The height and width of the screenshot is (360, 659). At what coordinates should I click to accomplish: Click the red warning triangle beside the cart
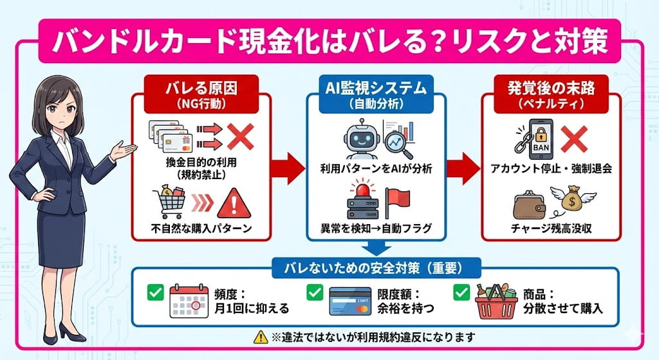232,203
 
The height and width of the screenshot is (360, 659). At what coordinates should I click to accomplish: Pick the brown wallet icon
530,205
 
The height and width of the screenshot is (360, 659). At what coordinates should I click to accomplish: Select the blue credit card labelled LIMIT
351,301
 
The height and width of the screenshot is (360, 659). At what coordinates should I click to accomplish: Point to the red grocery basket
496,300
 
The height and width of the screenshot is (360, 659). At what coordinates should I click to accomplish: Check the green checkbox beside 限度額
314,293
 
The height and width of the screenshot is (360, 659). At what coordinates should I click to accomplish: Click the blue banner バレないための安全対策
375,265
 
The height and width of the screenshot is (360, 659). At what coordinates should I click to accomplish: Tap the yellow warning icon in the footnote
261,336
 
